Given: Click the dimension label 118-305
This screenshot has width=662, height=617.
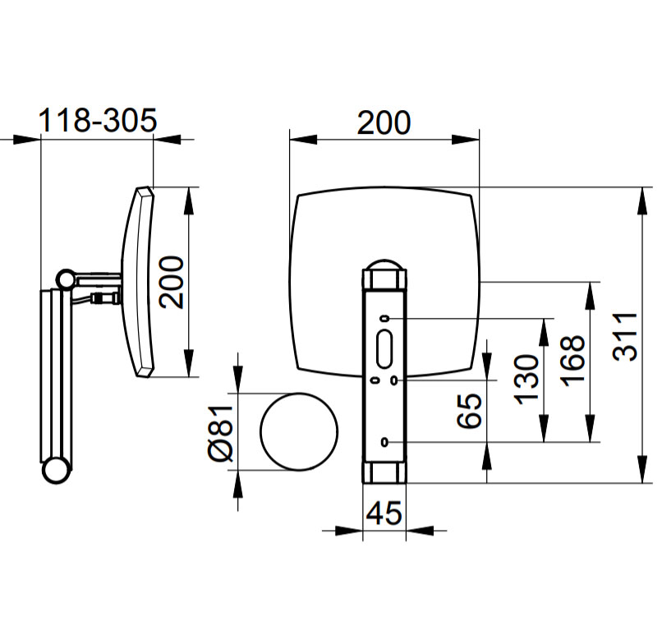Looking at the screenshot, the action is point(98,120).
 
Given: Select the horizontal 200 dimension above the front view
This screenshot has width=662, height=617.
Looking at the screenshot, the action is point(384,123).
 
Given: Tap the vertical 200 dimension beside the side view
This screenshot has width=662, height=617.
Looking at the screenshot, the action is point(172,282).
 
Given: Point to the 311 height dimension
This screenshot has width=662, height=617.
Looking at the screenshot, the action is point(625,337).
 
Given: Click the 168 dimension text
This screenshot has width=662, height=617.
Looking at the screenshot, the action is point(573,361).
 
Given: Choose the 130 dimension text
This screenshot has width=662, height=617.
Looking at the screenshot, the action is point(526,380).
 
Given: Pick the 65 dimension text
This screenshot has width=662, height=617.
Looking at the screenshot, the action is point(470,411).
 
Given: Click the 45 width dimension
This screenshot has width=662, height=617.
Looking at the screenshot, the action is point(384,513).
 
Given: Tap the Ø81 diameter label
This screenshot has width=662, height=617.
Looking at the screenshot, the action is point(221,433).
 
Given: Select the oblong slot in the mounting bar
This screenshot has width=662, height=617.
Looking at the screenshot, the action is point(384,350).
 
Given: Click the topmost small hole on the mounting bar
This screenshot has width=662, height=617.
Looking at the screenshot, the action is point(384,319).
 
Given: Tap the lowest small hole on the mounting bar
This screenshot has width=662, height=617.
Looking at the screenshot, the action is point(384,442).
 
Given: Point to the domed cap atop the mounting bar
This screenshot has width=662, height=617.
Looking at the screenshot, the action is point(384,265).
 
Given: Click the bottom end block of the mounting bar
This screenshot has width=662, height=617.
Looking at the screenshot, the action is point(384,472).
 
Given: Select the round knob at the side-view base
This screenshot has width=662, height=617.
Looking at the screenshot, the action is point(56,471).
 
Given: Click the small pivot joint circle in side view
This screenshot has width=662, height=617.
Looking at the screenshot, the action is point(66,279).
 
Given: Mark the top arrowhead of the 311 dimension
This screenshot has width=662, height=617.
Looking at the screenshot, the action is point(641,201).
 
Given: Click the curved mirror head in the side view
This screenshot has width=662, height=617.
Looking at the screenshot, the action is point(138,282).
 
